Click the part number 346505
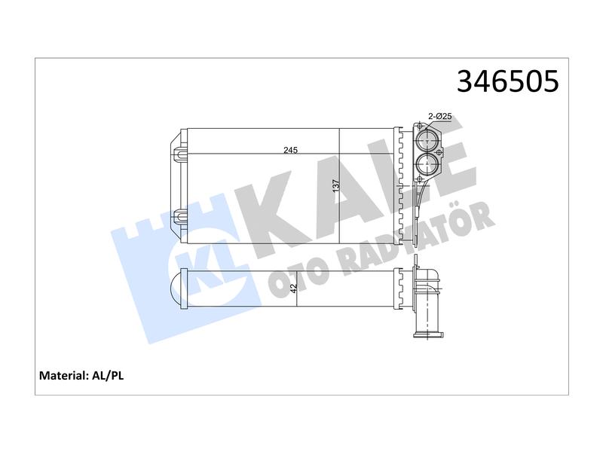pos(507,81)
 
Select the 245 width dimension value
pos(290,150)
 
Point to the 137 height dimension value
pos(335,186)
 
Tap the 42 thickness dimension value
pos(294,289)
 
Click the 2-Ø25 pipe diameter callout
pos(440,116)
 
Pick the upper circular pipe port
pos(427,141)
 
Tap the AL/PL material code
pos(108,375)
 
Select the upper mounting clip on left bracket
pos(179,154)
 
